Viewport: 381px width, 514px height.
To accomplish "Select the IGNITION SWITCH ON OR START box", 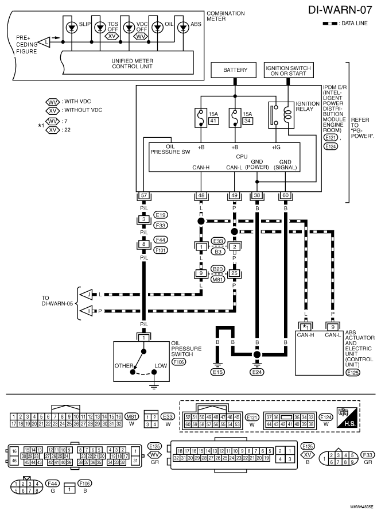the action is (288, 70).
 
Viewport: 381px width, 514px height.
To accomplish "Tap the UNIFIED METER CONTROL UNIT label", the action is (133, 64).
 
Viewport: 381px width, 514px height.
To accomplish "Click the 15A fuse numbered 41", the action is (200, 118).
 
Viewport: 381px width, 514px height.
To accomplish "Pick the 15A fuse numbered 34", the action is (234, 118).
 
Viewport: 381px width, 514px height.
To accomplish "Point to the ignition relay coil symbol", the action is (288, 115).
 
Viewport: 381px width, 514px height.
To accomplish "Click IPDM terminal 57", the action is (144, 196).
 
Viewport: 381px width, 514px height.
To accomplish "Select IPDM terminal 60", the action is (285, 196).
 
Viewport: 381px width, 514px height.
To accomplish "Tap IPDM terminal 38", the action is (257, 196).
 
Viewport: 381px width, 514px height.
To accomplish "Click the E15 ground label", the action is (218, 372).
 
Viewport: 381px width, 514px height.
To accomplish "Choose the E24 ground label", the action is (257, 372).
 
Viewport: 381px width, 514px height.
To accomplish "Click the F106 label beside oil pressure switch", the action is (178, 362).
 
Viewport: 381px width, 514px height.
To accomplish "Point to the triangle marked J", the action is (87, 294).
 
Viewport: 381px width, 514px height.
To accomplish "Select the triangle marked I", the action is (87, 311).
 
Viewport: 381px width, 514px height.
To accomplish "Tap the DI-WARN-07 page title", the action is (340, 10).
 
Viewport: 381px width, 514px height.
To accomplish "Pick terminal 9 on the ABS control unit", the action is (333, 327).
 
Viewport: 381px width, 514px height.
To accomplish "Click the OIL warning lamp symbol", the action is (158, 28).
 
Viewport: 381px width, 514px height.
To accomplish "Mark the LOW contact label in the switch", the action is (161, 366).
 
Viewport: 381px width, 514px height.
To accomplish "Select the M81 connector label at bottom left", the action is (132, 416).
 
